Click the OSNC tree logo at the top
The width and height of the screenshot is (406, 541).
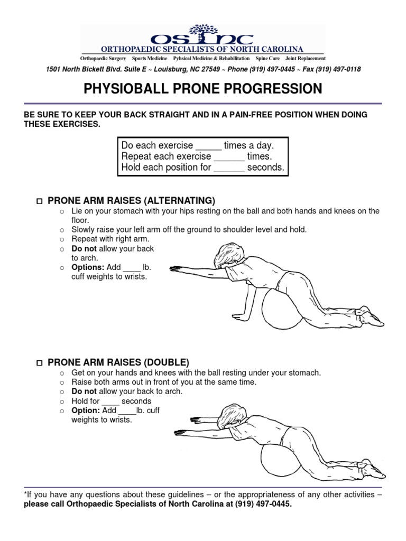tap(202, 33)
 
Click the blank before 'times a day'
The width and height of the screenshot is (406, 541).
tap(208, 146)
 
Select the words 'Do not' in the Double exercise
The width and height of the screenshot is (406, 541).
tap(84, 391)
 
